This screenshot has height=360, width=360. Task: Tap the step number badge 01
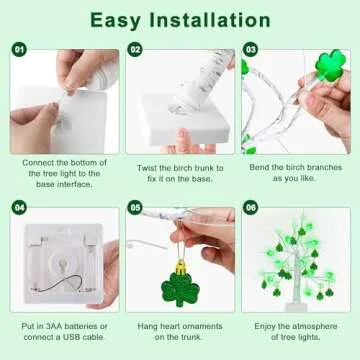click(19, 48)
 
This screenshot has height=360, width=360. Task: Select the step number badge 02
click(135, 48)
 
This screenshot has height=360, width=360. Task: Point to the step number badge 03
click(251, 48)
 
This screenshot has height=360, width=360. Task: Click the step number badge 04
click(19, 208)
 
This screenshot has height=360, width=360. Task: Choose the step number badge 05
click(135, 208)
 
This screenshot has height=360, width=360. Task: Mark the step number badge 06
click(251, 208)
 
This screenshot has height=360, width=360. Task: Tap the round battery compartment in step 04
click(60, 265)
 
